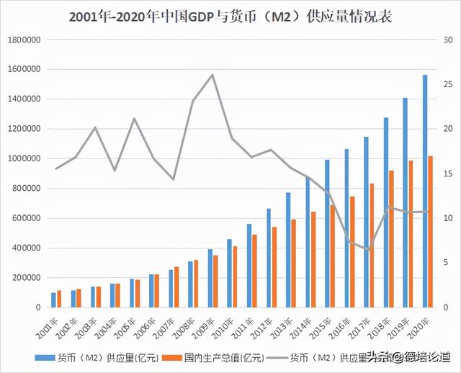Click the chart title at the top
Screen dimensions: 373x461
tap(230, 16)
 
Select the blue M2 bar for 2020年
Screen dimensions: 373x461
tap(424, 191)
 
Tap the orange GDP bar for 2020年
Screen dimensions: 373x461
tap(431, 232)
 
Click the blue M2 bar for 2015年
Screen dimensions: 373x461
tap(326, 233)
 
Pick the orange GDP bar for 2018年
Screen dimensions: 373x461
tap(392, 239)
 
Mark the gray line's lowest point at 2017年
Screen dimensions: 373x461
tap(370, 251)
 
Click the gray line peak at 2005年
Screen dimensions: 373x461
tap(134, 118)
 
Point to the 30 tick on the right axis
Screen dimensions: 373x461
tap(447, 40)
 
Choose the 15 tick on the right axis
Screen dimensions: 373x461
tap(447, 174)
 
